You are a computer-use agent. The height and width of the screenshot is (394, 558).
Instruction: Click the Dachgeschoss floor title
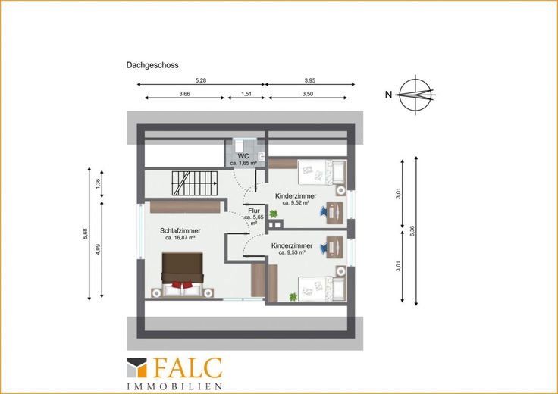(x=152, y=65)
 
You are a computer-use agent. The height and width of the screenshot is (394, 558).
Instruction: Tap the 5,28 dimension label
(x=201, y=80)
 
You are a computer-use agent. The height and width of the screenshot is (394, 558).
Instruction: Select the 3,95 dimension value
(x=310, y=80)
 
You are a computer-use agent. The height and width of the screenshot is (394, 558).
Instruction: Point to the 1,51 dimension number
(x=246, y=94)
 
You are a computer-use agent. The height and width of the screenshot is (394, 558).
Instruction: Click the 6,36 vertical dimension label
(x=412, y=231)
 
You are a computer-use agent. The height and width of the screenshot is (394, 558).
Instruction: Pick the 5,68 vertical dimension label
(x=85, y=233)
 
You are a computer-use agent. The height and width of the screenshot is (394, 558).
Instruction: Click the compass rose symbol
(x=415, y=95)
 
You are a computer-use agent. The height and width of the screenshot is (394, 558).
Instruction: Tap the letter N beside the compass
(x=389, y=95)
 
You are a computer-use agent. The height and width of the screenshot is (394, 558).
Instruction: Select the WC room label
(x=243, y=156)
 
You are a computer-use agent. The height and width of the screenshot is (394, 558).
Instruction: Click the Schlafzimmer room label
(x=180, y=231)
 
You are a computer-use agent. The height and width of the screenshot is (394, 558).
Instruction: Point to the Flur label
(x=254, y=211)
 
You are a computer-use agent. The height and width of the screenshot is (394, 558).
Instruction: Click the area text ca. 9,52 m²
(x=296, y=203)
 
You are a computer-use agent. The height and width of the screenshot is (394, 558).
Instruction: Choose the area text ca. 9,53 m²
(x=292, y=252)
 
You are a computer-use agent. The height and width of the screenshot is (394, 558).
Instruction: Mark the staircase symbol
(x=194, y=183)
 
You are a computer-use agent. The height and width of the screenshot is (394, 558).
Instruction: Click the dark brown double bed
(x=183, y=274)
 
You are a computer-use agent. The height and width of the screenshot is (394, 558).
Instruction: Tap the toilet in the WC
(x=238, y=145)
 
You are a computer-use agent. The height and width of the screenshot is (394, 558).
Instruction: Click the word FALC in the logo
(x=188, y=368)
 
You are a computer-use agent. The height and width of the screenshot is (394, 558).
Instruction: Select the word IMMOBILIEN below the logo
(x=174, y=386)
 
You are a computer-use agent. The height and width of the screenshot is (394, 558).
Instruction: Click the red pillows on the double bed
(x=182, y=284)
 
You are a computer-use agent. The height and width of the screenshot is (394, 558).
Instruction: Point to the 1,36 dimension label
(x=99, y=183)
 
